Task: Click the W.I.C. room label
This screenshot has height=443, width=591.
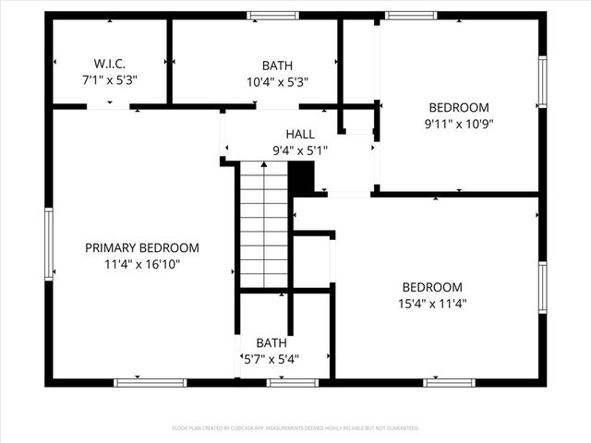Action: tap(109, 65)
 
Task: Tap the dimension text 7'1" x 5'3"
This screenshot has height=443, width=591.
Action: tap(109, 80)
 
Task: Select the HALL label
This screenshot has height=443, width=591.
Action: tap(300, 135)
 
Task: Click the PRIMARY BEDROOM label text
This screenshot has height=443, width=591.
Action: tap(142, 248)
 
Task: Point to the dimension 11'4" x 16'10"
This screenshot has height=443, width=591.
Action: tap(142, 265)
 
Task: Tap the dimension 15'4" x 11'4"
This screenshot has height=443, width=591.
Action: tap(432, 303)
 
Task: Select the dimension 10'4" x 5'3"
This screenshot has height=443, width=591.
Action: tap(277, 80)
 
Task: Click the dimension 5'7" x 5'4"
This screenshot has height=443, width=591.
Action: tap(271, 359)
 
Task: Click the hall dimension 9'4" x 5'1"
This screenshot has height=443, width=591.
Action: tap(300, 150)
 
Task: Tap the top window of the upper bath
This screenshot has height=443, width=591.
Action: tap(272, 15)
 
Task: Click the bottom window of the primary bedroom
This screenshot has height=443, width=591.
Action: tap(150, 382)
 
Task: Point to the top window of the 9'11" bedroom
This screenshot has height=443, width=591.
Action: tap(411, 15)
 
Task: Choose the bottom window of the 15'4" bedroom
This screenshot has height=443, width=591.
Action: tap(450, 382)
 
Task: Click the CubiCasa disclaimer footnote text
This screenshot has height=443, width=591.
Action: tap(295, 428)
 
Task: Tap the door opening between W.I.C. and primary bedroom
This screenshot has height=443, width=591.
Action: tap(108, 107)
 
